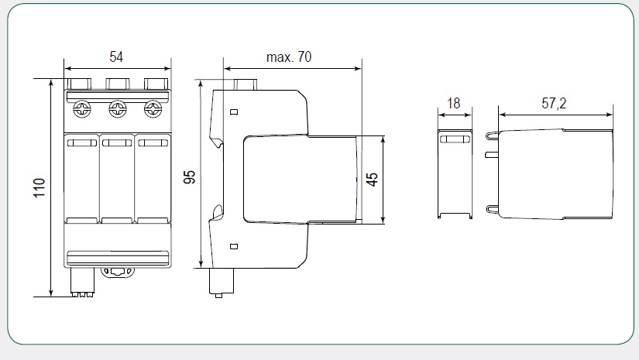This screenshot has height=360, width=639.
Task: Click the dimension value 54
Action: coord(116,57)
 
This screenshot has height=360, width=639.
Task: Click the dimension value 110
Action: coord(40,187)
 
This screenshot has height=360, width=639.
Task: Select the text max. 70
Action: coord(289,57)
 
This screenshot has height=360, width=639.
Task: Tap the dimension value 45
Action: coord(373,180)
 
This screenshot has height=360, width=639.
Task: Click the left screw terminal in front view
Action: coord(81,108)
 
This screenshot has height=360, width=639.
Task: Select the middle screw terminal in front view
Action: coord(117,108)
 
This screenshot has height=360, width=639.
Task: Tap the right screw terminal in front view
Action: coord(153,108)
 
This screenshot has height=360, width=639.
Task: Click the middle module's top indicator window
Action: coord(117,142)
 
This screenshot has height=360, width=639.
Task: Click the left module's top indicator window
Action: coord(81,142)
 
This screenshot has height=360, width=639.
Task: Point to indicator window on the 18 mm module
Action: coord(455,139)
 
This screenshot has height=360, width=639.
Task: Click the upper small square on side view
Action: coord(233,113)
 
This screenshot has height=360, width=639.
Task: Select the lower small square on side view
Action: coord(233,246)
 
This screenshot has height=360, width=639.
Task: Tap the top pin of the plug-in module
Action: coord(492,135)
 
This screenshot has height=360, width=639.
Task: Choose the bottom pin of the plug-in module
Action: coord(492,208)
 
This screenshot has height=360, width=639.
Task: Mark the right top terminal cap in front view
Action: coord(155,84)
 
